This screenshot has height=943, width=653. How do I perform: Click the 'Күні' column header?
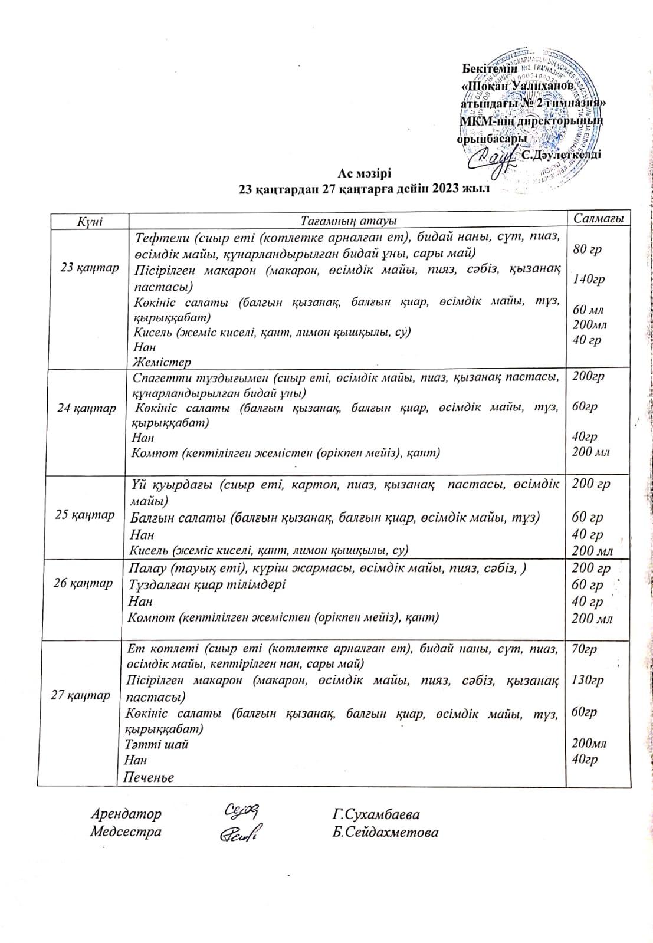(90, 221)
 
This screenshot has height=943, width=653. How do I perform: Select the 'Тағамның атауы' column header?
(348, 221)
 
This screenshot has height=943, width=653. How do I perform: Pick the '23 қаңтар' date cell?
(90, 268)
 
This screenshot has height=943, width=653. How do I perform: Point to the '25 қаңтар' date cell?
(85, 515)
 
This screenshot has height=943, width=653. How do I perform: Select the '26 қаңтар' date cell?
(83, 584)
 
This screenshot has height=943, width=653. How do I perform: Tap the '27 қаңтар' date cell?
(81, 695)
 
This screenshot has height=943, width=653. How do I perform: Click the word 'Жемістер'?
(162, 362)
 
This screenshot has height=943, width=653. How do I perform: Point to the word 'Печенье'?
(149, 777)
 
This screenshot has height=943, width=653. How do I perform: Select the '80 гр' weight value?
(587, 249)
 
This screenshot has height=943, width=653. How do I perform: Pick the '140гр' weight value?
(589, 280)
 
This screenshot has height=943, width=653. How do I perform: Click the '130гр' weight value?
(588, 680)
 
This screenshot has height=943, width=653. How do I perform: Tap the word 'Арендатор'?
(126, 814)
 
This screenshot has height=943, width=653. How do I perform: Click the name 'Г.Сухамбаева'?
(376, 815)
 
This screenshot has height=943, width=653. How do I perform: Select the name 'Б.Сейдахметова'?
(385, 833)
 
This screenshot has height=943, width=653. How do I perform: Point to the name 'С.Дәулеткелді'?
(561, 155)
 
